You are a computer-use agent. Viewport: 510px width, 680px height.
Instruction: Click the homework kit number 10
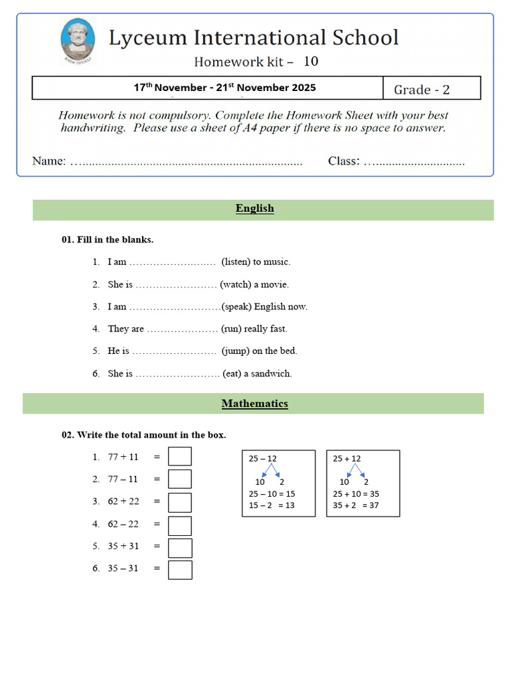pos(311,62)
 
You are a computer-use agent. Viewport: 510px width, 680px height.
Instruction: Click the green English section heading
pos(255,209)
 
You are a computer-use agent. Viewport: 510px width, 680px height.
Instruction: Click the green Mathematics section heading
pos(255,403)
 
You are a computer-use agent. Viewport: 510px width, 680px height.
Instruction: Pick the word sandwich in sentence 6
pos(271,373)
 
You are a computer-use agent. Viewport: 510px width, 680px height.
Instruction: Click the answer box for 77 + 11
pos(180,457)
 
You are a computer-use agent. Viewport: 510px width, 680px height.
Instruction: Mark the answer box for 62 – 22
pos(180,525)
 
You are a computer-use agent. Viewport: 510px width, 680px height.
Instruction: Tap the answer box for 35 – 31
pos(180,570)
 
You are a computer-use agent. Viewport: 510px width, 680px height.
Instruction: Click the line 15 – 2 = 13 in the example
pos(272,505)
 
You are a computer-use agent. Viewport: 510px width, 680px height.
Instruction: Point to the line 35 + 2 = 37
pos(355,505)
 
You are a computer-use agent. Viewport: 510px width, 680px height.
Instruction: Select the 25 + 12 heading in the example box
pos(347,458)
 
